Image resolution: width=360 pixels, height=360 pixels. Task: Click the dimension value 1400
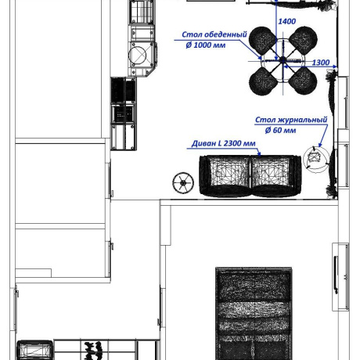[286, 21]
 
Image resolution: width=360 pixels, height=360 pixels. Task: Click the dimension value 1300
[321, 63]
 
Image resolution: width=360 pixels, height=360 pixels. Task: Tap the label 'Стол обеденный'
[214, 34]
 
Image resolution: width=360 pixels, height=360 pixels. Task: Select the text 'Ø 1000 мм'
[206, 45]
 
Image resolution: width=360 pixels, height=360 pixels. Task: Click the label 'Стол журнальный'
[291, 120]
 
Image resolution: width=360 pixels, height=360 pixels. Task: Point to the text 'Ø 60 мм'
[280, 130]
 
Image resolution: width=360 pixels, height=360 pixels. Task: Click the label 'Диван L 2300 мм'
[224, 143]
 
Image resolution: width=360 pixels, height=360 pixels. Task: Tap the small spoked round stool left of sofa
[183, 183]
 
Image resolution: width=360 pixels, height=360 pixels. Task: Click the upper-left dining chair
[262, 40]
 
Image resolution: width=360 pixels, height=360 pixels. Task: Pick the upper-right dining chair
[303, 40]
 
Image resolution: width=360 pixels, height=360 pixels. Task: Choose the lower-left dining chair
[262, 81]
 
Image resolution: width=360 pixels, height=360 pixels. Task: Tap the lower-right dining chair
[303, 81]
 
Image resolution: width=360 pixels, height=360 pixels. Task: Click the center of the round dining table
[283, 60]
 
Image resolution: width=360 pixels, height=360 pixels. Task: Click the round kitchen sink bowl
[137, 56]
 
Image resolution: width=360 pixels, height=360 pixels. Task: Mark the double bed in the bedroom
[254, 313]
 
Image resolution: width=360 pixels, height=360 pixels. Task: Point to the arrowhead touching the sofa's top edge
[259, 154]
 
